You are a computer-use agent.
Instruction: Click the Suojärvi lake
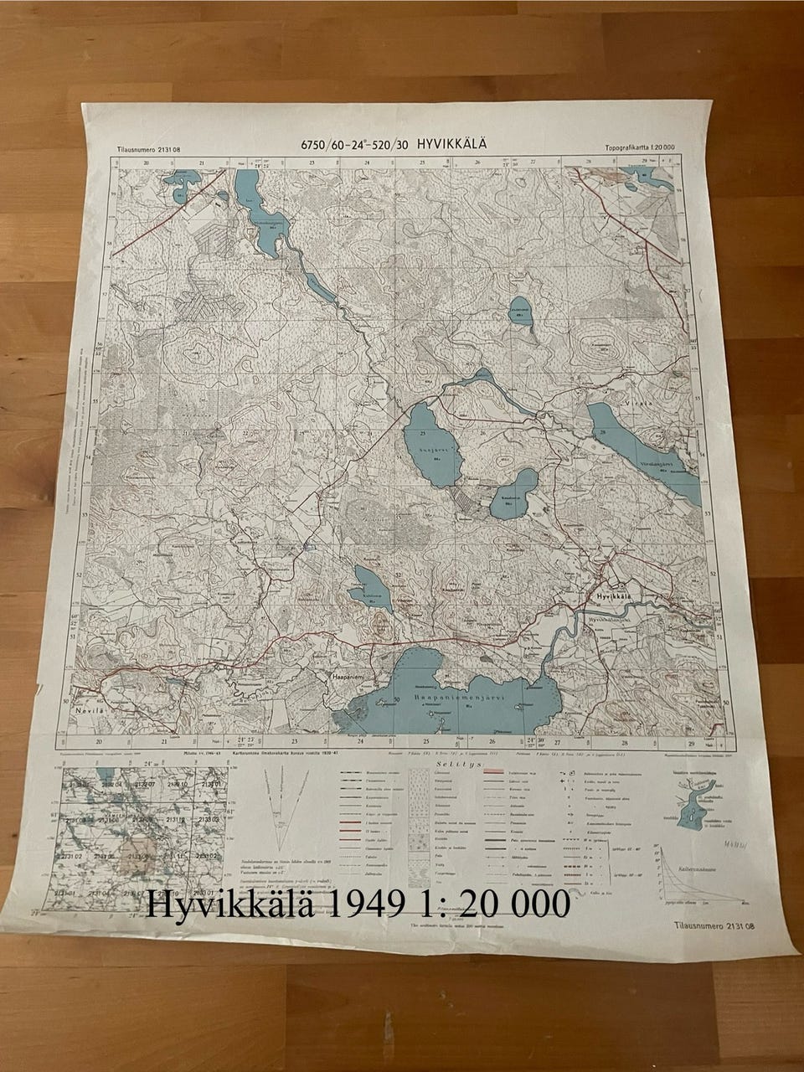pos(432,444)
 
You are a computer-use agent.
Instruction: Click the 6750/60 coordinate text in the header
pos(328,145)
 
